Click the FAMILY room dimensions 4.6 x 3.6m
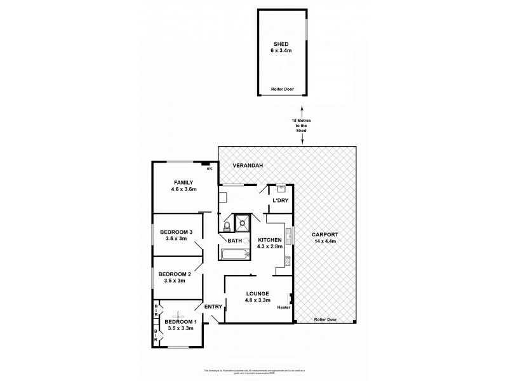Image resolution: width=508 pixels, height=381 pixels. coord(184,189)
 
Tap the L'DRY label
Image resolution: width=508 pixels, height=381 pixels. coord(280,201)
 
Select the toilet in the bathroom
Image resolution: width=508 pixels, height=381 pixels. coord(226,225)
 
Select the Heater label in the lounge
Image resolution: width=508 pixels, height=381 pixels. coord(283,309)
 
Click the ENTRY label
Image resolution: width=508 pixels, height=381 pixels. coord(213,307)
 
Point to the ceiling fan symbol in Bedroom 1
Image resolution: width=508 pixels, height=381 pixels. coord(178,313)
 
